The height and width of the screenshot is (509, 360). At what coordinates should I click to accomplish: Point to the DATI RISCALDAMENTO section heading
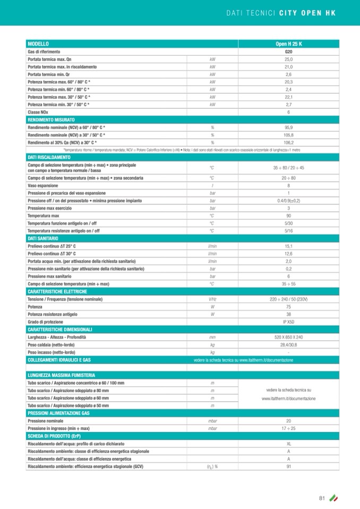49,158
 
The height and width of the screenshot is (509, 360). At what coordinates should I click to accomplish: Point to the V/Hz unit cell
212,299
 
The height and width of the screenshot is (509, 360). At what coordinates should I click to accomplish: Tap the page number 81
322,498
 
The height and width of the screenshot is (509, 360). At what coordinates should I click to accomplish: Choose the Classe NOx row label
39,113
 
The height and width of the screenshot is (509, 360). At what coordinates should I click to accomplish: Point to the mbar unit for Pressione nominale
212,420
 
